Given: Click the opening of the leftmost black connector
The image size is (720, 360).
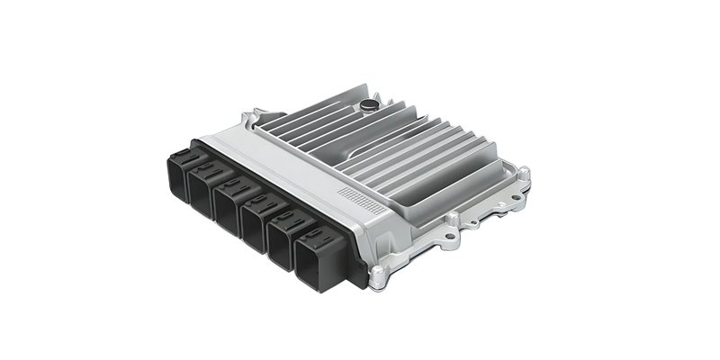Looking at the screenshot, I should coord(175,180).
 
